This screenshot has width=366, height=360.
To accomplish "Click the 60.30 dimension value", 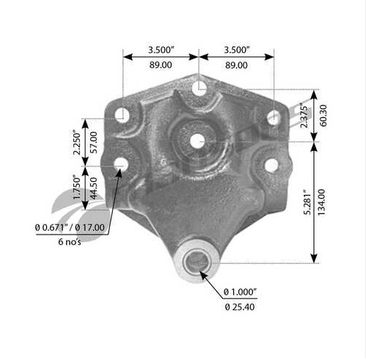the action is tap(323, 116).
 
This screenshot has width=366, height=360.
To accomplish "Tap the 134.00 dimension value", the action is tap(322, 202).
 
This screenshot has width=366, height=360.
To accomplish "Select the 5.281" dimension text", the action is tap(307, 202).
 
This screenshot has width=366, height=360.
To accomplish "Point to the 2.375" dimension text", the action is tap(304, 116).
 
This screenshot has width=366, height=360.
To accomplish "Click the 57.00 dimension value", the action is tap(94, 142).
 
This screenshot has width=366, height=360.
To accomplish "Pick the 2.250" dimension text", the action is tap(76, 143).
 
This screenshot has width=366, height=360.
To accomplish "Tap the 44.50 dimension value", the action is tap(94, 188).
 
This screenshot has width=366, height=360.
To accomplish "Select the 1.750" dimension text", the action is tap(76, 187).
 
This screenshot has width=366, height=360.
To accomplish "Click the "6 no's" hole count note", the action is tap(70, 242).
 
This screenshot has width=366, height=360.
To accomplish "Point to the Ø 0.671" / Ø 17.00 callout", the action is tap(70, 227).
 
